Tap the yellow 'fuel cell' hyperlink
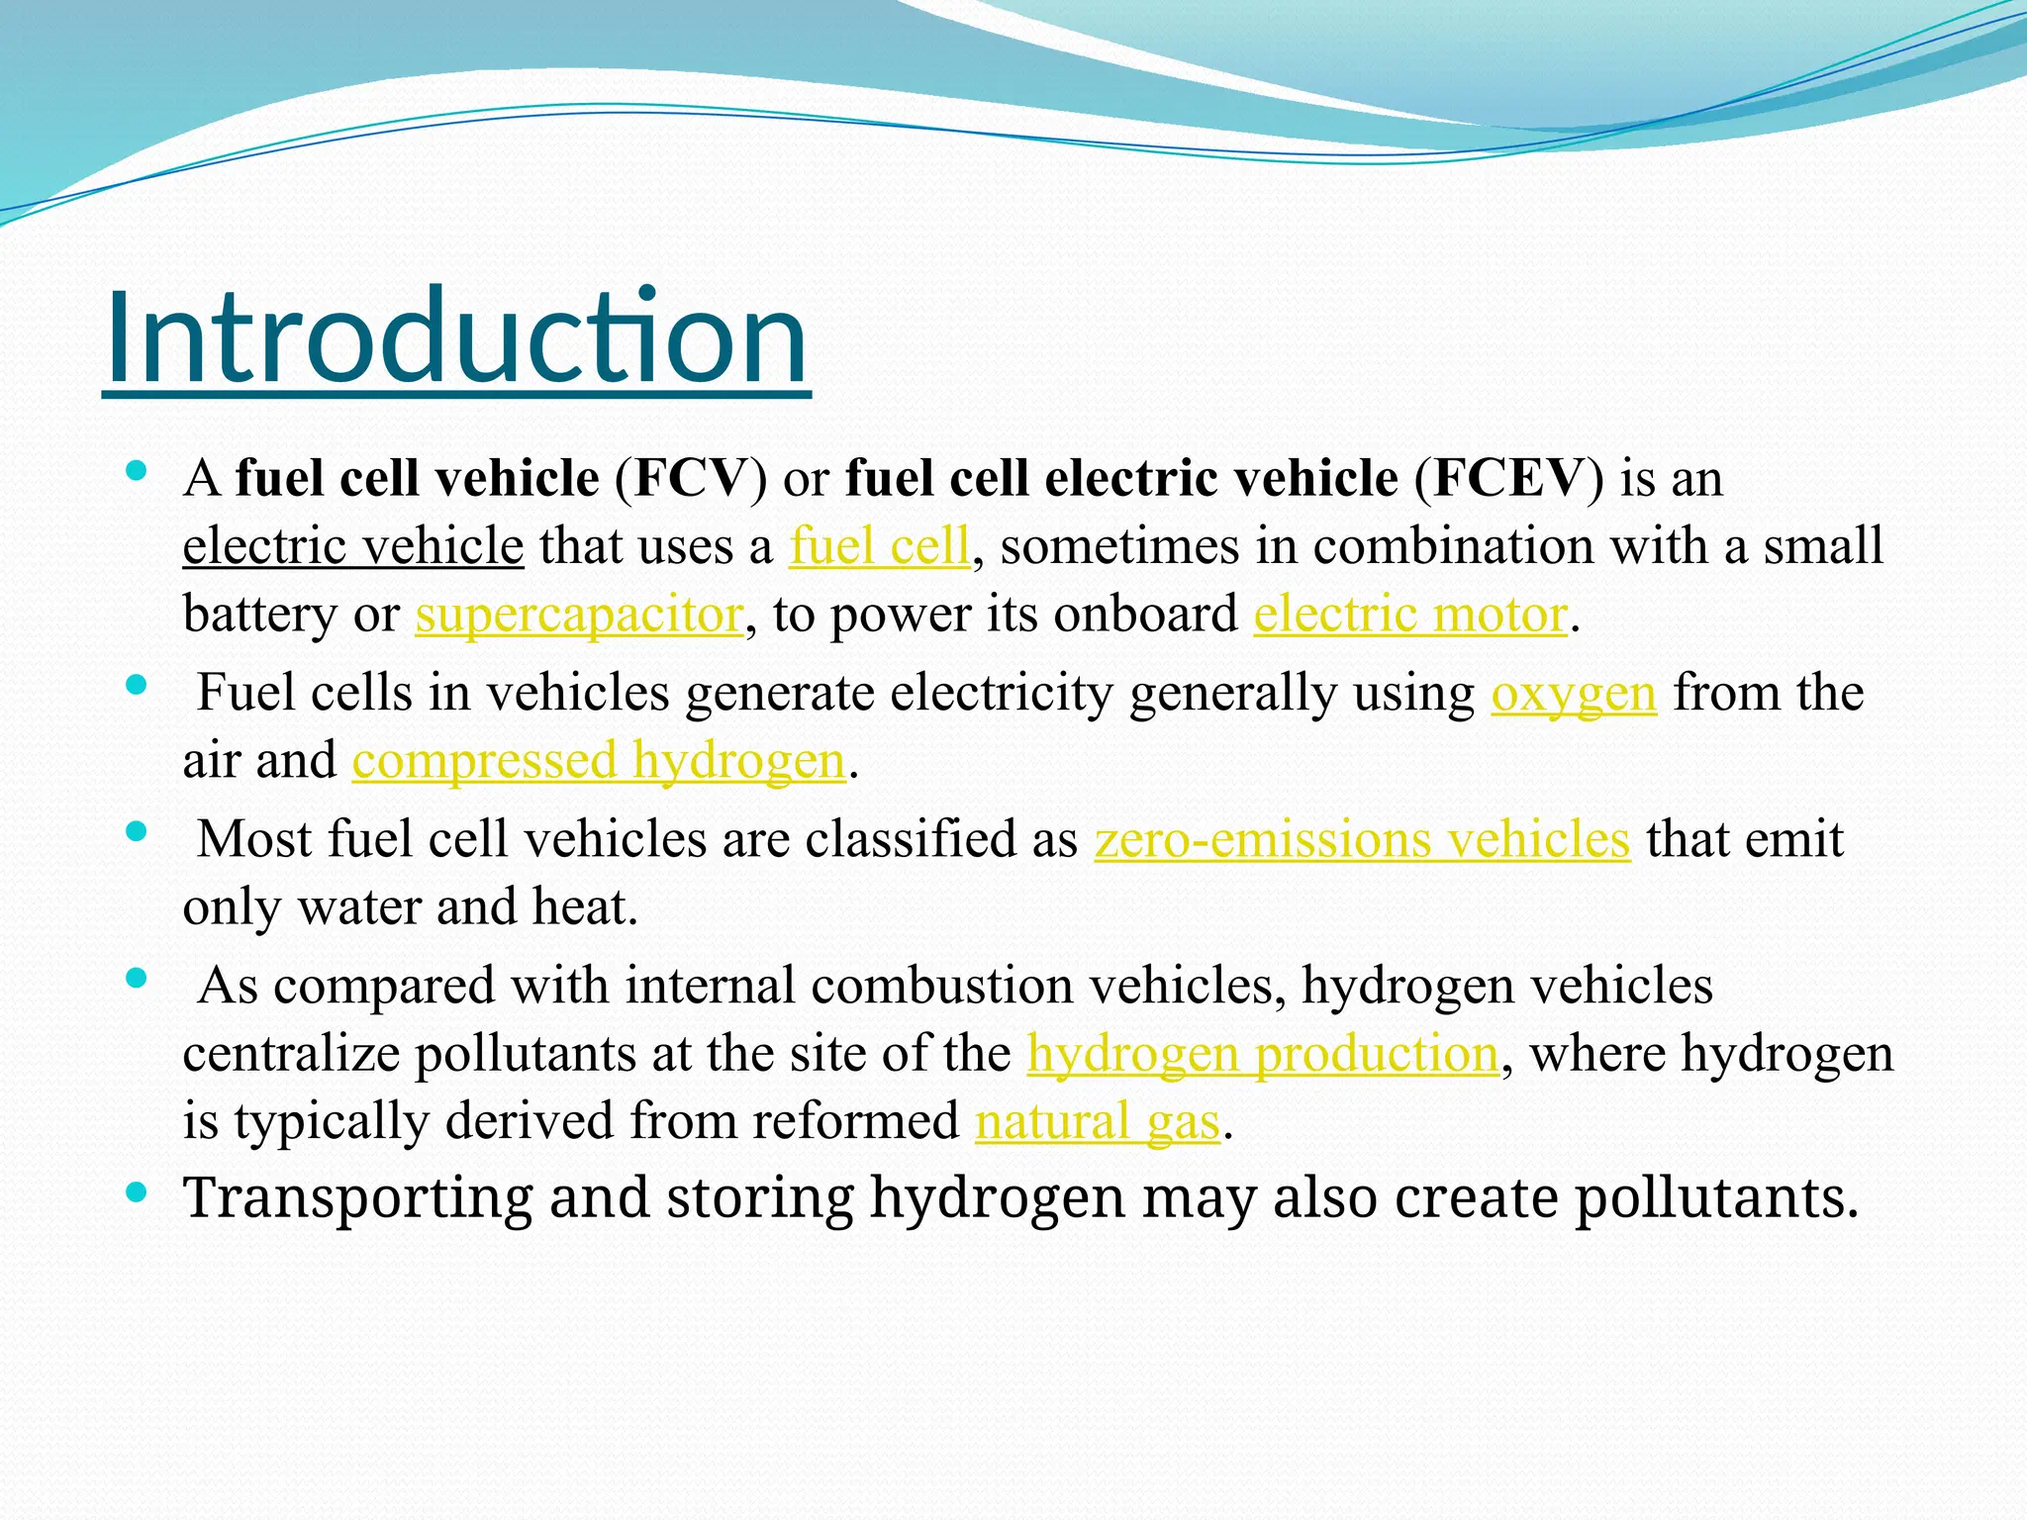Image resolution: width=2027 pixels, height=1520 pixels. [x=879, y=546]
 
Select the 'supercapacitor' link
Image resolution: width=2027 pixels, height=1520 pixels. [x=579, y=615]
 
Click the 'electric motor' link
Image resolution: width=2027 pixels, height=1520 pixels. [x=1410, y=615]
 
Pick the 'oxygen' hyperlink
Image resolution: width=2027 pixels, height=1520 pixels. [x=1574, y=693]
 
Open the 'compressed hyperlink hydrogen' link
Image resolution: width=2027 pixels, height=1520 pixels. [x=599, y=761]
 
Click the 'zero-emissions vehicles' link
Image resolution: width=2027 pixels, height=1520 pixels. [x=1362, y=839]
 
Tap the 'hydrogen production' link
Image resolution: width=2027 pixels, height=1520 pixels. [x=1263, y=1053]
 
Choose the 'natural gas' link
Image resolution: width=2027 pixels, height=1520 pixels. [x=1097, y=1121]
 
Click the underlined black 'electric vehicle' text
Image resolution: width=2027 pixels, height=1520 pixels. [x=353, y=546]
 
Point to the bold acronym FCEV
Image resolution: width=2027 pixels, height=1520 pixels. [x=1509, y=478]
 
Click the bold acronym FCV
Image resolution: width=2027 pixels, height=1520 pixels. [x=691, y=478]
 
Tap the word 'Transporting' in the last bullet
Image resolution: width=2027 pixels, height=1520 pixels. [x=358, y=1197]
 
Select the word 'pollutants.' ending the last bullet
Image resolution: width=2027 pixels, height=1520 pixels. [x=1716, y=1197]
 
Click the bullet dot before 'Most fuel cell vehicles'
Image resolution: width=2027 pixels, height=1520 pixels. [x=138, y=832]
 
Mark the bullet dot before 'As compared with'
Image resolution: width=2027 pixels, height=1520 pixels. [x=138, y=979]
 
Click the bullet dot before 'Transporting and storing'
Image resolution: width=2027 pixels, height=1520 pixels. [x=138, y=1192]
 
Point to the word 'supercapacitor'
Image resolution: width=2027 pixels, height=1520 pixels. [x=579, y=615]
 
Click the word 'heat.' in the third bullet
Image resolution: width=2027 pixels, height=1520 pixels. [x=585, y=906]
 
